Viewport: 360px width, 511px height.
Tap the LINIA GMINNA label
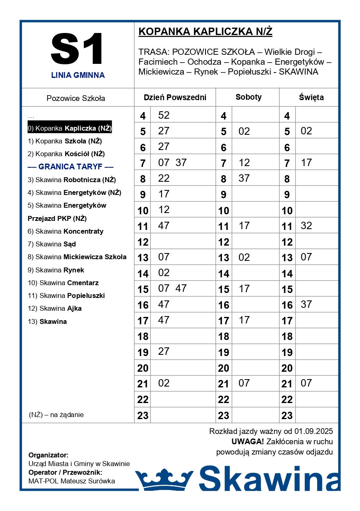pyautogui.click(x=78, y=75)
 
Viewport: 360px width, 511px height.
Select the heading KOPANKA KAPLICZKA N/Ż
pyautogui.click(x=205, y=32)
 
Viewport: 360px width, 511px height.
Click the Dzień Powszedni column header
pyautogui.click(x=175, y=98)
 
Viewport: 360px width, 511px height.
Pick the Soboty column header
pyautogui.click(x=248, y=97)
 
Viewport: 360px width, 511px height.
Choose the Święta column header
pyautogui.click(x=311, y=98)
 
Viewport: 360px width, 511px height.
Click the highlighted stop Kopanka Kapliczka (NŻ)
pyautogui.click(x=70, y=128)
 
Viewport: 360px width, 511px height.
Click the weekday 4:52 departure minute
pyautogui.click(x=164, y=115)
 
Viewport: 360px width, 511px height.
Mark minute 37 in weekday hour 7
pyautogui.click(x=181, y=163)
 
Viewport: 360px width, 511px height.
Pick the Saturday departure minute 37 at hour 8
pyautogui.click(x=244, y=178)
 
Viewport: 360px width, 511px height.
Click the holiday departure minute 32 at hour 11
pyautogui.click(x=306, y=226)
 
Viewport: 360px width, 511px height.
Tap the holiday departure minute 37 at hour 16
pyautogui.click(x=306, y=305)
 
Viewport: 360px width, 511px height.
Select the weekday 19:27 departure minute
pyautogui.click(x=164, y=352)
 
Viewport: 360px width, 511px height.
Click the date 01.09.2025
pyautogui.click(x=313, y=431)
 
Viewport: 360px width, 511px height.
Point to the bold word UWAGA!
pyautogui.click(x=248, y=442)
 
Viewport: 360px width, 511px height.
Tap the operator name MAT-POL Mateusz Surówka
pyautogui.click(x=72, y=481)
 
